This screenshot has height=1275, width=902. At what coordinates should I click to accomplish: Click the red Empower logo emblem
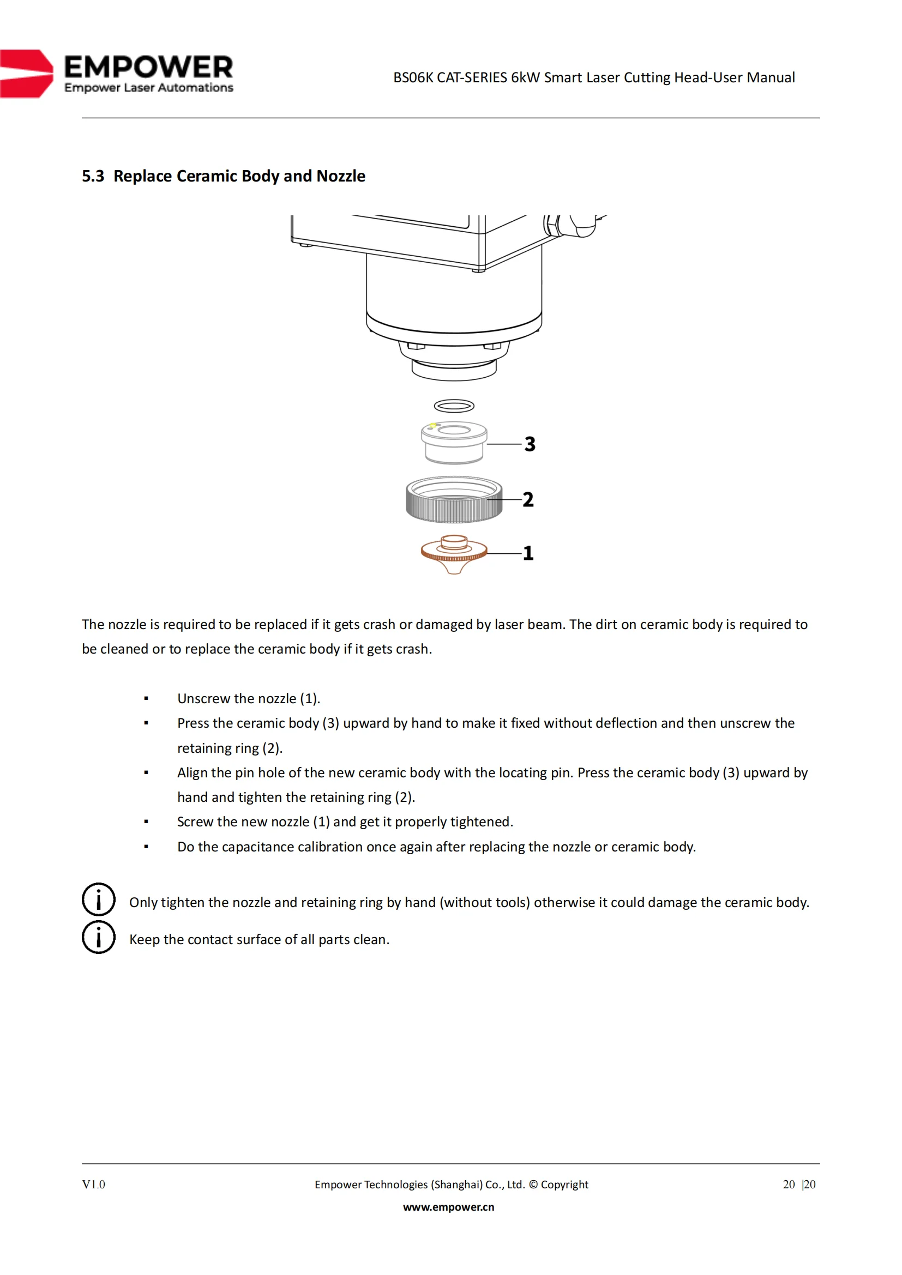26,74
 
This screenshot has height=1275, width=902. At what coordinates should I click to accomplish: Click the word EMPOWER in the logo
148,67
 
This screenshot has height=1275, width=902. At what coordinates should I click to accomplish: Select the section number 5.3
93,176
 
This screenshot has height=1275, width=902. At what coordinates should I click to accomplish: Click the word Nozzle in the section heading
341,176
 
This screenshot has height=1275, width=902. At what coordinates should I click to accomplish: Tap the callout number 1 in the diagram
528,553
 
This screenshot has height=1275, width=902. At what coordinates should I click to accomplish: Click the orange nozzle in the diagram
454,554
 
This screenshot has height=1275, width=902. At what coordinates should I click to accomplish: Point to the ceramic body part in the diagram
454,443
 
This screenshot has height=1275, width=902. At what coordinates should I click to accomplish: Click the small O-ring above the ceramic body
454,407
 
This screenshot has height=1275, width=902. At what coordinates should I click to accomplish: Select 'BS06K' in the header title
413,77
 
